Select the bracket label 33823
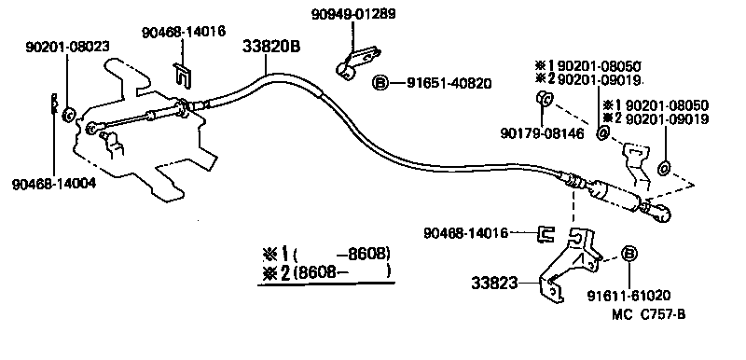[494, 280]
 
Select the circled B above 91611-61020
[629, 255]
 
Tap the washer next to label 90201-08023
[68, 116]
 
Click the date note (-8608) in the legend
[340, 254]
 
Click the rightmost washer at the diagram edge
[663, 169]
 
